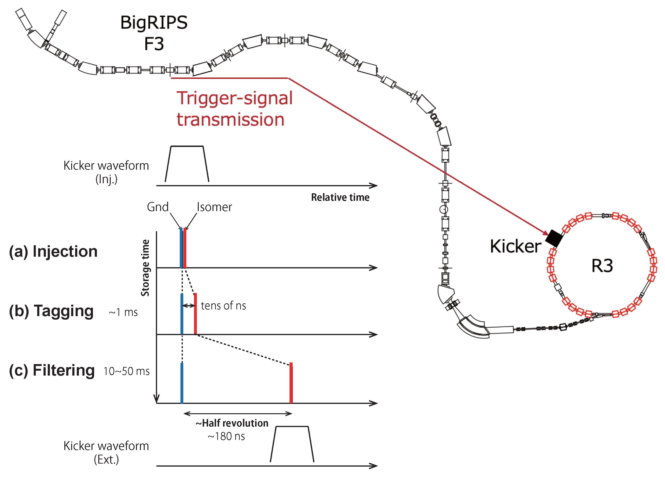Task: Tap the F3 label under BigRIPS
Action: point(154,44)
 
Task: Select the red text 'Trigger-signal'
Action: point(235,99)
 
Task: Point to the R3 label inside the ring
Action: point(602,266)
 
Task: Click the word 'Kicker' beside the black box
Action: point(515,246)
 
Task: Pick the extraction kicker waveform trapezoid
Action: point(292,444)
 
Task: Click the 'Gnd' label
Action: point(158,207)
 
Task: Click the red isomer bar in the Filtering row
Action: point(291,383)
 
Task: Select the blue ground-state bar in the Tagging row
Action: point(182,314)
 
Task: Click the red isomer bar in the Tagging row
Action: point(195,314)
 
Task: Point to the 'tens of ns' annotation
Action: point(224,306)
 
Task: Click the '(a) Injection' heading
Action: point(53,252)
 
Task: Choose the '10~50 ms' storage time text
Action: point(126,371)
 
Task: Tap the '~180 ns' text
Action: point(226,436)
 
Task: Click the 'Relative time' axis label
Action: point(340,197)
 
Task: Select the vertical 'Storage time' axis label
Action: point(145,268)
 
